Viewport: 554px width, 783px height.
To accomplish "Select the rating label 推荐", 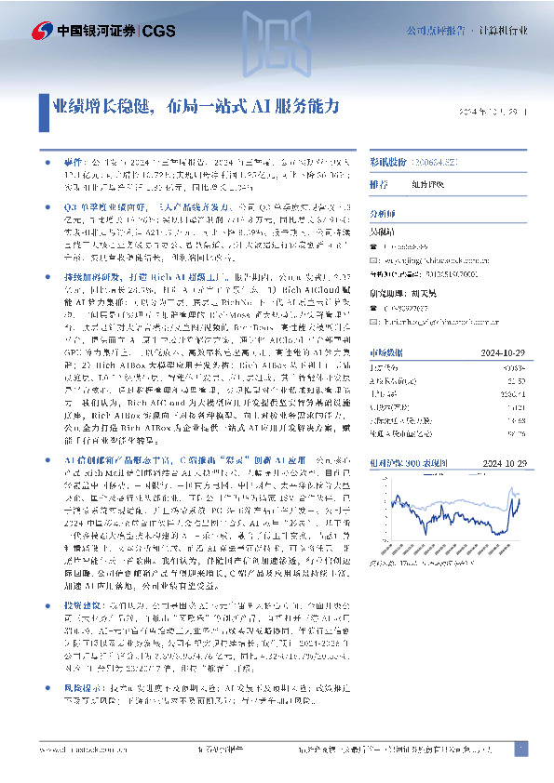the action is [x=379, y=184].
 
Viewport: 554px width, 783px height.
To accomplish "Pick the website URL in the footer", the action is [x=78, y=749].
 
